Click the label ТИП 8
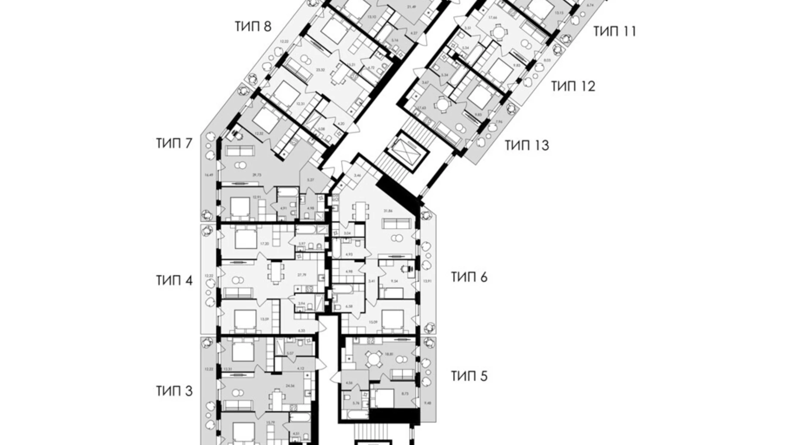[x=253, y=27]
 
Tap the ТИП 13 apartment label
[x=526, y=145]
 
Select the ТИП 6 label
[x=469, y=277]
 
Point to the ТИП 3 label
[x=174, y=391]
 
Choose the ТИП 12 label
[x=573, y=86]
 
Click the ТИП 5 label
[x=469, y=376]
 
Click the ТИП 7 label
[x=174, y=143]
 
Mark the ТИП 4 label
[x=174, y=281]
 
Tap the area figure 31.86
[x=388, y=210]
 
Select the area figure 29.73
[x=257, y=175]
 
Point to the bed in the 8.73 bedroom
[x=382, y=398]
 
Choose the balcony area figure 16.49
[x=209, y=175]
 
